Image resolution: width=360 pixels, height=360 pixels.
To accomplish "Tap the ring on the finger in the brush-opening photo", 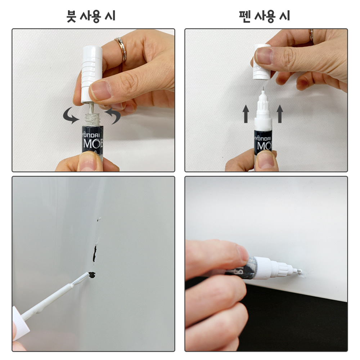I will (x=121, y=49).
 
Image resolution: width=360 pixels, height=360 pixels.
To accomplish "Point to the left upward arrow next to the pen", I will (x=246, y=114).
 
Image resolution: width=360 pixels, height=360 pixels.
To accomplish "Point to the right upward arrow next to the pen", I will (x=280, y=114).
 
